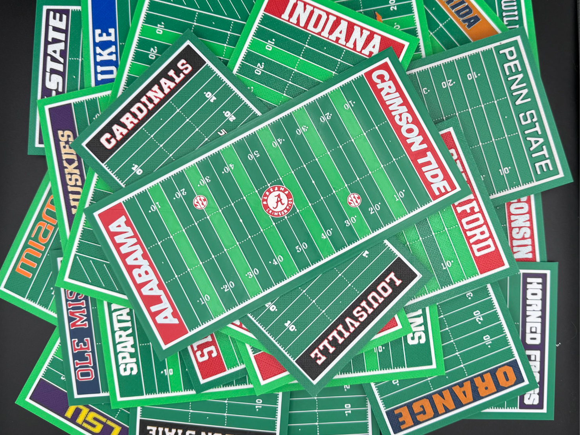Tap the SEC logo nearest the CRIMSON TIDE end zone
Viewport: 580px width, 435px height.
[354, 200]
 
